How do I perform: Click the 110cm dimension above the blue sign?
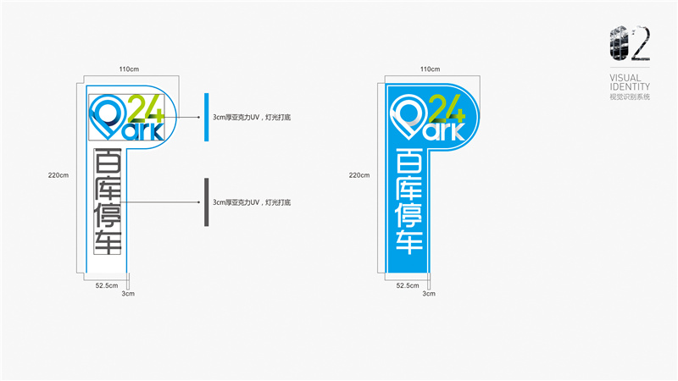tap(431, 69)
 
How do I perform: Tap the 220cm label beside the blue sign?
tap(359, 175)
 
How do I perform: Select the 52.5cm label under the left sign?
tap(107, 285)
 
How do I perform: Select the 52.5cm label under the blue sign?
tap(408, 285)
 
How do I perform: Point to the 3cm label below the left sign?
tap(128, 294)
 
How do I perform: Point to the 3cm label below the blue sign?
tap(429, 294)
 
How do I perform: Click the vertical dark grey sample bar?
tap(206, 202)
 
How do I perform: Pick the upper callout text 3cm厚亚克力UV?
tap(253, 118)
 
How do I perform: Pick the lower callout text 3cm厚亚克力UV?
tap(253, 202)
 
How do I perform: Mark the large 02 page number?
tap(630, 45)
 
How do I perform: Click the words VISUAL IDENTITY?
tap(630, 82)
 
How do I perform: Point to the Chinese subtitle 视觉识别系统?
tap(630, 97)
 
